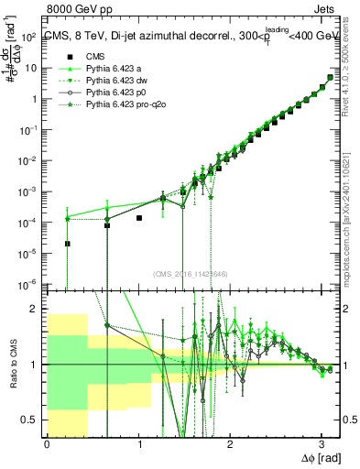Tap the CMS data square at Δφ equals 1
138,218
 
